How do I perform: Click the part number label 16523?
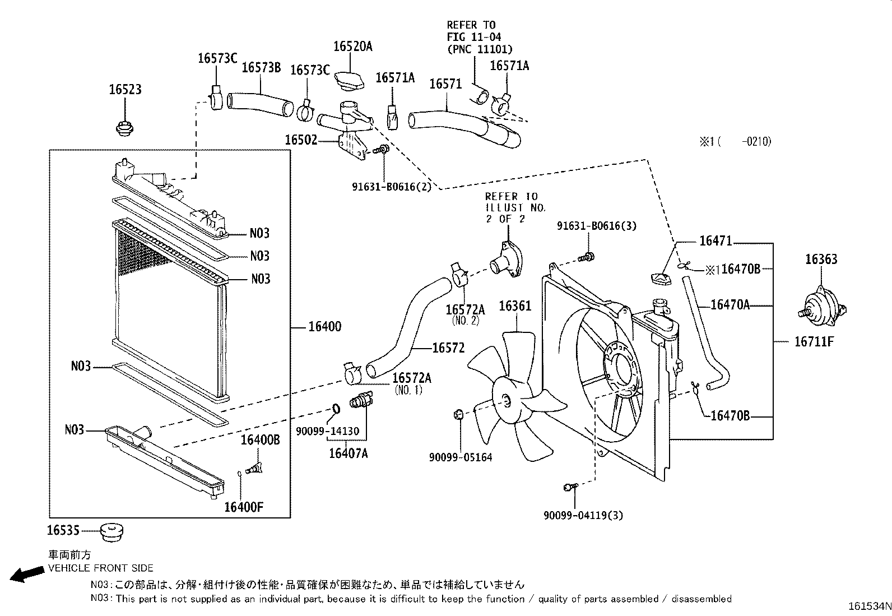pos(125,90)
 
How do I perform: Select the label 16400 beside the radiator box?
pos(324,327)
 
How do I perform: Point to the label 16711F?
pos(814,341)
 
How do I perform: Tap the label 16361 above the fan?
pos(515,306)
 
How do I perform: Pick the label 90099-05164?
pos(461,458)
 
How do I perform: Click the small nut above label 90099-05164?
pos(457,415)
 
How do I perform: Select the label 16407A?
pos(348,453)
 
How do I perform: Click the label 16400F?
pos(244,507)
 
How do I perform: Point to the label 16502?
pos(301,140)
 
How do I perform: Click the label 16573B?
pos(261,68)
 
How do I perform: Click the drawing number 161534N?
pos(868,607)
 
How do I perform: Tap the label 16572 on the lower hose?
pos(448,348)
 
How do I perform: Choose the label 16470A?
pos(730,305)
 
